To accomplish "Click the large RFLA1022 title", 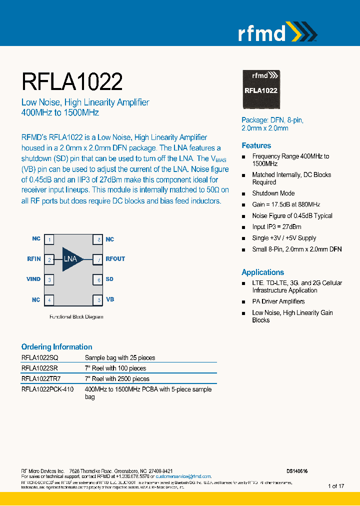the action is (72, 81).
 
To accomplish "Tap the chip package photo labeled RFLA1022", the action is (261, 90).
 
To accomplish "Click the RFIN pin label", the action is (34, 259).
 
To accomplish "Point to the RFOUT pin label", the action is (115, 259).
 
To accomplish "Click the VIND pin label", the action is (33, 279).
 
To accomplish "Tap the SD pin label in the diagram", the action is (109, 279).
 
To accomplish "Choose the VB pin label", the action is (110, 299).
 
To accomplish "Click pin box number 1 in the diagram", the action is (49, 239).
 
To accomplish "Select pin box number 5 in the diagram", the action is (98, 300).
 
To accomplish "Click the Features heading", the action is (256, 145).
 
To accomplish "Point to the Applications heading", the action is (262, 272).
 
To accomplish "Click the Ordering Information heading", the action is (56, 346).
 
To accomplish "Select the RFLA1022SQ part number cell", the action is (39, 358).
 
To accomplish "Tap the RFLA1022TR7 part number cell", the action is (42, 379).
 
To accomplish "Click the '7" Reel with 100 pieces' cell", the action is (115, 368).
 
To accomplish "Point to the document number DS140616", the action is (297, 471).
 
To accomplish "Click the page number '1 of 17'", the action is (336, 486).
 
